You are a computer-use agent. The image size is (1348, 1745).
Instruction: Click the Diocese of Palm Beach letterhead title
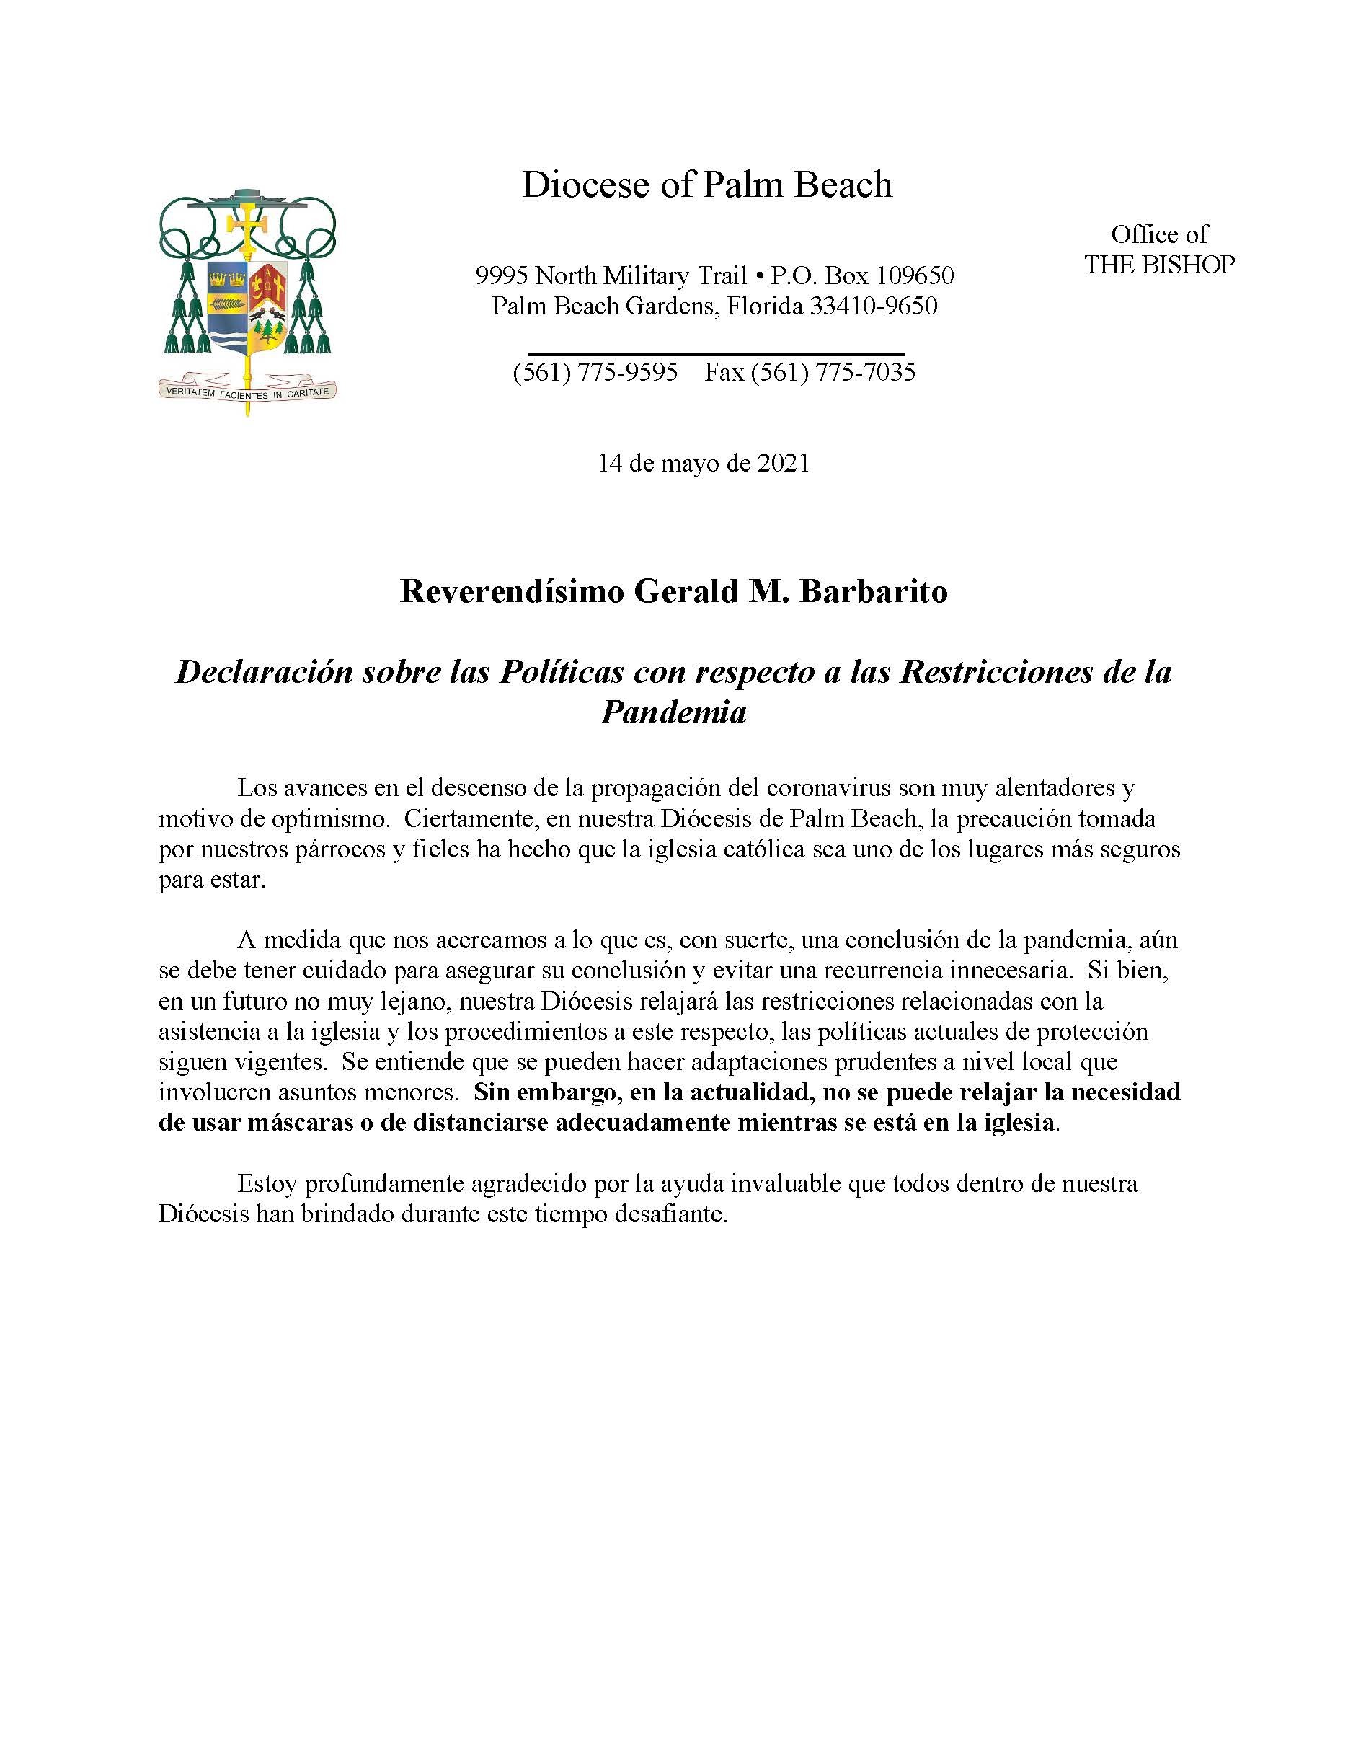[x=706, y=185]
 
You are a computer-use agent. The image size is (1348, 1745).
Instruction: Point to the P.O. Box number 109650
[x=913, y=276]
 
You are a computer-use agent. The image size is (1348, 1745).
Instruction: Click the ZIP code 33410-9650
[x=874, y=306]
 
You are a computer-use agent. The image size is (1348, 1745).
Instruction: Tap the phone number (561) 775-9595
[x=595, y=372]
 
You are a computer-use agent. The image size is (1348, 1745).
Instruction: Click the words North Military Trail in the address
[x=639, y=276]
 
